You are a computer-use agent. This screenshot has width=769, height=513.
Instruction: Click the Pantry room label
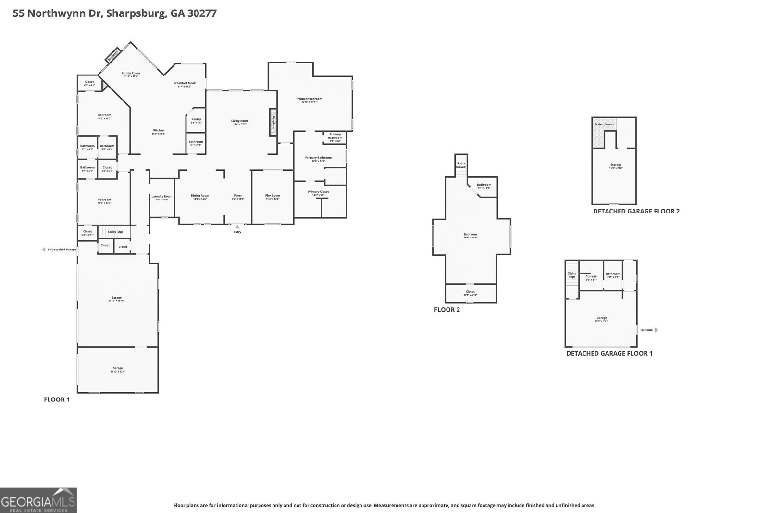196,119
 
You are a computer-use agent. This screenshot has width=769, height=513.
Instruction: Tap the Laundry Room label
161,196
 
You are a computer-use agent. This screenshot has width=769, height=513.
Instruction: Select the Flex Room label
273,196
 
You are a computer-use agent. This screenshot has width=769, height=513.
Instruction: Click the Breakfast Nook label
185,83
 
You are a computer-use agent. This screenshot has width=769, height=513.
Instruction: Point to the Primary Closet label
318,192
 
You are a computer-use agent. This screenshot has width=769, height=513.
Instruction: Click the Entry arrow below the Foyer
237,227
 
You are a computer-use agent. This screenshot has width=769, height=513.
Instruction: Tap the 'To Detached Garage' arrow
44,250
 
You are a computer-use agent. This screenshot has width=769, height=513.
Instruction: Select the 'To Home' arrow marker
657,330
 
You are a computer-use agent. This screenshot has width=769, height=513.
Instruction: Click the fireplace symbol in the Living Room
273,122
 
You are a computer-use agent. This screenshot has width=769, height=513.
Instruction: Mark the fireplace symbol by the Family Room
112,55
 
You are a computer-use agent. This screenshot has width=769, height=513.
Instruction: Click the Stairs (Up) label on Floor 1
115,232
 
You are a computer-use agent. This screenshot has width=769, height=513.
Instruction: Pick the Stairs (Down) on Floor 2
461,164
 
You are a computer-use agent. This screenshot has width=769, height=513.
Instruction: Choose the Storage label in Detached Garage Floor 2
616,165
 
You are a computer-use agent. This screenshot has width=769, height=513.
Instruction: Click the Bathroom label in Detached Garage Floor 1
613,274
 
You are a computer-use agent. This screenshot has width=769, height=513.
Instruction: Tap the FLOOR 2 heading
447,310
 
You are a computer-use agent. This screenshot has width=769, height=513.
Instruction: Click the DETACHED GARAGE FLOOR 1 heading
609,353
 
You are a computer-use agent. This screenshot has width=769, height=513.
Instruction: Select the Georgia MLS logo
38,500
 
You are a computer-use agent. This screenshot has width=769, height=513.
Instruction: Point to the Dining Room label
199,196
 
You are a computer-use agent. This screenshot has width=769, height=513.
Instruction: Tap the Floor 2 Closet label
470,292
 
